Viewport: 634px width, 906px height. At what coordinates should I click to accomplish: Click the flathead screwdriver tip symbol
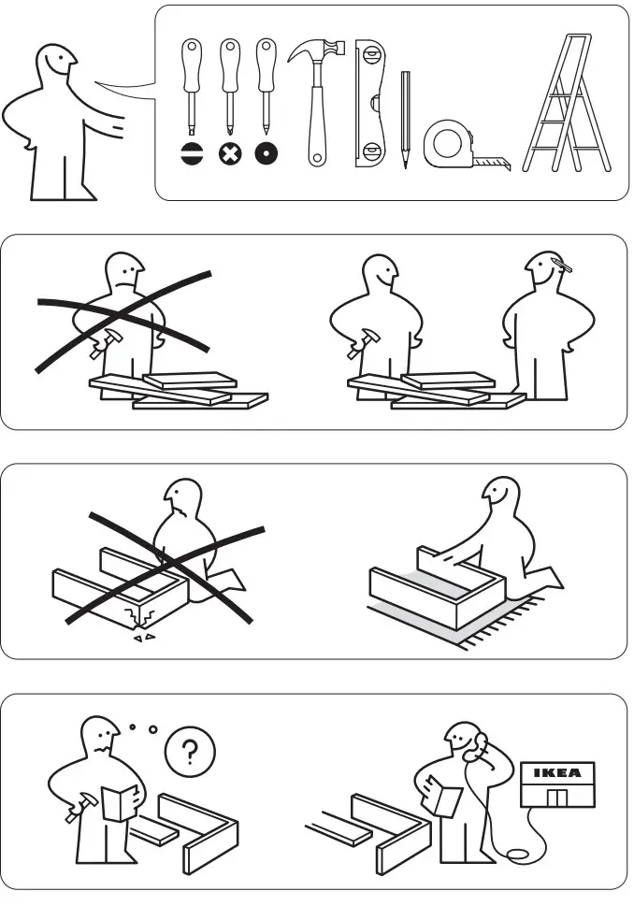click(x=192, y=153)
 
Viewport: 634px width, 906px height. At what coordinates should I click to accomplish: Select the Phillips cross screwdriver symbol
click(x=229, y=153)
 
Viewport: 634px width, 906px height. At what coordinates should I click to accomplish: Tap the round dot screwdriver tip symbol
click(x=267, y=153)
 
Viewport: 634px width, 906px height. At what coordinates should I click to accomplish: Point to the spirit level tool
click(x=370, y=104)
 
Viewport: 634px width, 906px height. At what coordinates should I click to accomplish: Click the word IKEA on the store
click(x=556, y=772)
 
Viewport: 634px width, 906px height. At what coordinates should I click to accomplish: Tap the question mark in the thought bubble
click(x=190, y=750)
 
